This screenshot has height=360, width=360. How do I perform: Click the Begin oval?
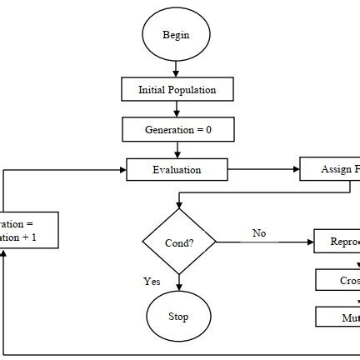[176, 35]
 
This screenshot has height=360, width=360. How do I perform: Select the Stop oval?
[177, 317]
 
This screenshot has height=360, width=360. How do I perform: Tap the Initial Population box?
[177, 89]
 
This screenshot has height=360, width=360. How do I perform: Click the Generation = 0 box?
[177, 130]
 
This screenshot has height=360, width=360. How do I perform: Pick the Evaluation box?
[177, 170]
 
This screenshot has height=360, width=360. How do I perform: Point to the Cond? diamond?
[179, 242]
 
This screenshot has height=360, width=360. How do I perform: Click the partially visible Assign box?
[330, 170]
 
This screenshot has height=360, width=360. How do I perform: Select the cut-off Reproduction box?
[337, 242]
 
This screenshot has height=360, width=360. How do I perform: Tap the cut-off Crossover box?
[337, 280]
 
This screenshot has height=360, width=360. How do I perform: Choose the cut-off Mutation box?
[337, 317]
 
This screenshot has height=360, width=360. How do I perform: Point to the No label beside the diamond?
[259, 233]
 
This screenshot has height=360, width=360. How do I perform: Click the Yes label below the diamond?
[152, 282]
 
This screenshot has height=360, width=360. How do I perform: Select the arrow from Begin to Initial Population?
[177, 70]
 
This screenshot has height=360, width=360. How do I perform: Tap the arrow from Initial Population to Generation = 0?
[177, 109]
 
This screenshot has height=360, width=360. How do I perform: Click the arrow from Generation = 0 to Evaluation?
[177, 150]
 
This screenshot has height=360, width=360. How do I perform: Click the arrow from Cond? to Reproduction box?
[264, 242]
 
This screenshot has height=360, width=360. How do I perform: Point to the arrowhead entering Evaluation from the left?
[122, 170]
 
